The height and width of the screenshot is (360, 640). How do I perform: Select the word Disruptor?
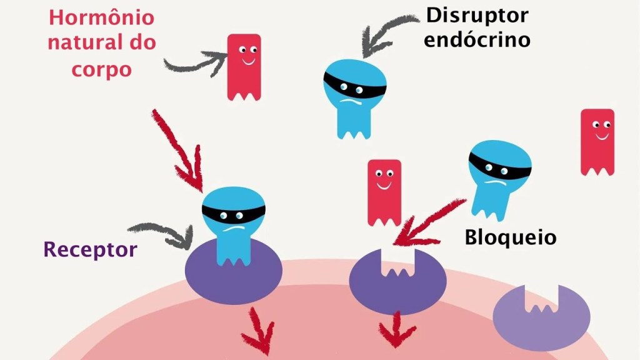coord(477,15)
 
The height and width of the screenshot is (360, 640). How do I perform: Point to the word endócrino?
coord(477,39)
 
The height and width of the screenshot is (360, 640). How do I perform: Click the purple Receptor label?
coord(90,250)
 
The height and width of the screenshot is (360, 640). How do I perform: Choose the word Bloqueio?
coord(510,237)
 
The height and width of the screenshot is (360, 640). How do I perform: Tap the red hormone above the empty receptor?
coord(384,191)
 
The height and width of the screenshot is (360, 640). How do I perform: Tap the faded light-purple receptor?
coord(542,316)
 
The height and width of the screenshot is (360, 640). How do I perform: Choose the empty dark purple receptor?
coord(397,281)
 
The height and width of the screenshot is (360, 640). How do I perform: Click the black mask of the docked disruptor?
coord(234,213)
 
